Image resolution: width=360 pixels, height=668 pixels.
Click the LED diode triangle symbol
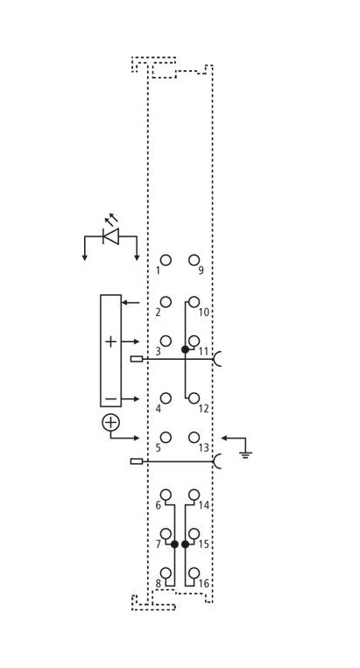point(111,236)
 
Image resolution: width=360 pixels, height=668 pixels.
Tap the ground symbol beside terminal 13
point(245,454)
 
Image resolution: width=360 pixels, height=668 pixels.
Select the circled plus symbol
point(110,422)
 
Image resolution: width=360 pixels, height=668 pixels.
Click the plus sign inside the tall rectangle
point(110,341)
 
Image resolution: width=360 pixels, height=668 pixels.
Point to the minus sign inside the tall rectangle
point(110,398)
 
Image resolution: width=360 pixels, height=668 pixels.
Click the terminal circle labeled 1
point(166,260)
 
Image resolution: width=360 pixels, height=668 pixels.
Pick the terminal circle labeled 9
point(194,260)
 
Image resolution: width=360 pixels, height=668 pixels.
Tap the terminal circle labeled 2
point(166,302)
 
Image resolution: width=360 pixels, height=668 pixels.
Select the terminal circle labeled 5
point(166,438)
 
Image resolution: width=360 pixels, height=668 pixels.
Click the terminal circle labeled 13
point(194,438)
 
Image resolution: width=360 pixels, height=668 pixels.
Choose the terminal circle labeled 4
point(166,398)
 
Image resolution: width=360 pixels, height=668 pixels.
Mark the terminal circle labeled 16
point(194,573)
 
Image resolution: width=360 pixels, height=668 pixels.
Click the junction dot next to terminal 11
point(185,349)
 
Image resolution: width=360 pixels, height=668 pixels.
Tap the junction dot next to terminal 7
point(174,544)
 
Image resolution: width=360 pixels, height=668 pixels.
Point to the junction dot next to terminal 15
point(185,544)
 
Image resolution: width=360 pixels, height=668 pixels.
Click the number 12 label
point(204,409)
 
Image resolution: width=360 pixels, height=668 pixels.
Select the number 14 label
point(204,505)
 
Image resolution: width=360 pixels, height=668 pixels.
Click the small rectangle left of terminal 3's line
point(137,359)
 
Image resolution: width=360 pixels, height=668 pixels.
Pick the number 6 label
point(158,505)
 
